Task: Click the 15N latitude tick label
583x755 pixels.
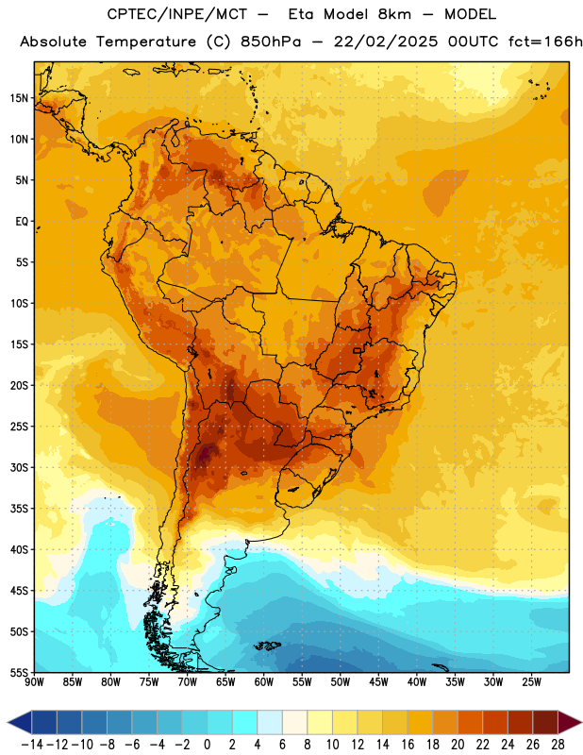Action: [19, 98]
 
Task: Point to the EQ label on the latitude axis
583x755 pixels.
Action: [22, 222]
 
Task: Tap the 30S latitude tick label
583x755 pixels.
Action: [19, 467]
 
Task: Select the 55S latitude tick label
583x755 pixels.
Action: [19, 672]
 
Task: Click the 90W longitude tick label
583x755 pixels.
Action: [34, 682]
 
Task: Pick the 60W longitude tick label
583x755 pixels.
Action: [264, 682]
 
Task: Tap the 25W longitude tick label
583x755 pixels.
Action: [531, 682]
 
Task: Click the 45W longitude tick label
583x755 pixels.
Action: [378, 682]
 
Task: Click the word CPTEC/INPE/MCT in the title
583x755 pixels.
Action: [177, 14]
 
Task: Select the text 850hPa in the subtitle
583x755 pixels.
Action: [271, 42]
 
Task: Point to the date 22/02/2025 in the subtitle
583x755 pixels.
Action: [386, 42]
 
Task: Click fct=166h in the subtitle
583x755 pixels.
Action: [545, 42]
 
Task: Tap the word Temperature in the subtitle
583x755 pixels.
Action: [146, 42]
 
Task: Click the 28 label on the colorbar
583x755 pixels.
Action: [558, 745]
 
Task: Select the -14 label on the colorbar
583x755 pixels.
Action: [32, 745]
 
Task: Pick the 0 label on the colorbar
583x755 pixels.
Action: [208, 745]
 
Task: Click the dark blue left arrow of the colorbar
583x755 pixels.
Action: [20, 722]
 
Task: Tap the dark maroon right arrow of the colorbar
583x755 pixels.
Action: [570, 722]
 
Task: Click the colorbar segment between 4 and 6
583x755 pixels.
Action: [270, 722]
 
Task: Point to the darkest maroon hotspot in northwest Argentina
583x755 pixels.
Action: [206, 453]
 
